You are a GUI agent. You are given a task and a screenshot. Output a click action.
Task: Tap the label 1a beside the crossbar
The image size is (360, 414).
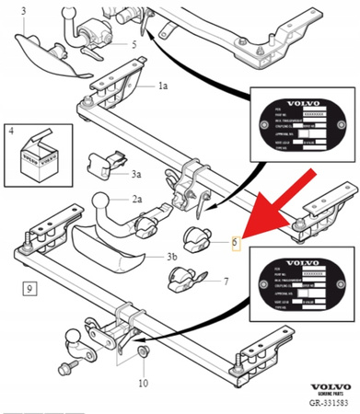(163, 86)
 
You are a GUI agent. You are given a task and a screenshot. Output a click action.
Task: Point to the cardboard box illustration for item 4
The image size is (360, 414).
(37, 155)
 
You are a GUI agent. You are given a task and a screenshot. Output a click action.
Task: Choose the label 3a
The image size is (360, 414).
(135, 173)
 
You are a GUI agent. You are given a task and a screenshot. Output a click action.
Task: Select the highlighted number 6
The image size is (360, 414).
(235, 244)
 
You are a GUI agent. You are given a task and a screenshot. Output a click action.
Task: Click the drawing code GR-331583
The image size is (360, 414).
(327, 406)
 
